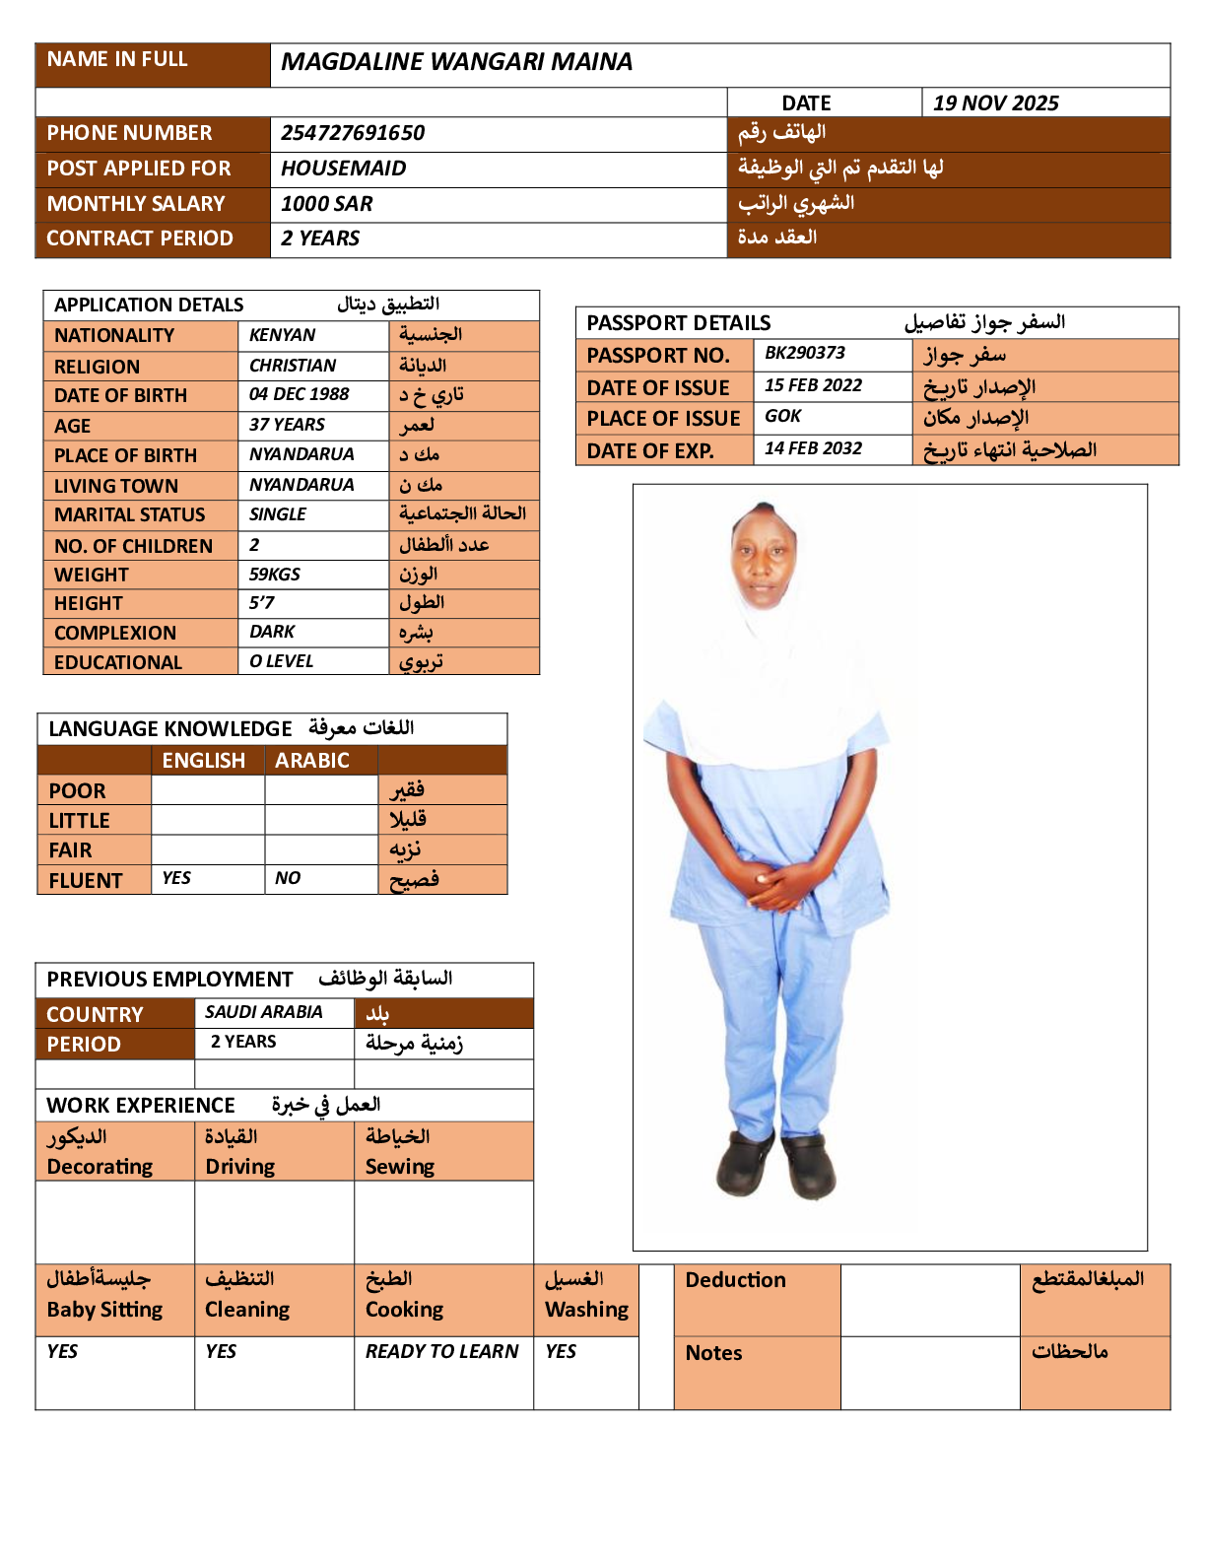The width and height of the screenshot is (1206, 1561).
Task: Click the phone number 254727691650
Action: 353,133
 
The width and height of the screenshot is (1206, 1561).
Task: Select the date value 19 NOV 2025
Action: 995,103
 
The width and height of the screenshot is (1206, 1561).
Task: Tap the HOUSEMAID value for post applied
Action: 343,169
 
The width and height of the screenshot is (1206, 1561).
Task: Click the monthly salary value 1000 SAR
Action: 326,204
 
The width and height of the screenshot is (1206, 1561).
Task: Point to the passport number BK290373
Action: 804,353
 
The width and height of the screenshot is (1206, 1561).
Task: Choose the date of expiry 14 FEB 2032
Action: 813,448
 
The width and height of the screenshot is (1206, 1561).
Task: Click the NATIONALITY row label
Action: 114,335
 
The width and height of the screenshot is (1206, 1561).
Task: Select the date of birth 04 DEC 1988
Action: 299,394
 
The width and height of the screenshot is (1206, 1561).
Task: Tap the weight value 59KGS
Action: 274,574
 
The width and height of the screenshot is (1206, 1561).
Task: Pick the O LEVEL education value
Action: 281,661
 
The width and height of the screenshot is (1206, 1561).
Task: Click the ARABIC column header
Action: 311,761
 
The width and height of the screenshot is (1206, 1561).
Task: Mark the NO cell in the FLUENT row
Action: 288,878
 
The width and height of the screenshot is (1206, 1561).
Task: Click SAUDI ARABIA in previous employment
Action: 263,1012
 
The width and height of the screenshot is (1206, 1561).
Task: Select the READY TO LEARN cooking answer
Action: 441,1351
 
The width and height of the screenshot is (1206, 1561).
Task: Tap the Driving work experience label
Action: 239,1167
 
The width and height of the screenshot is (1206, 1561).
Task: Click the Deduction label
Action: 735,1280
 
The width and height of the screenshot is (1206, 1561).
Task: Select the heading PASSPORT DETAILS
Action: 678,323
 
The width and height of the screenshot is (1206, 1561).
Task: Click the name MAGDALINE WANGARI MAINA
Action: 456,62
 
